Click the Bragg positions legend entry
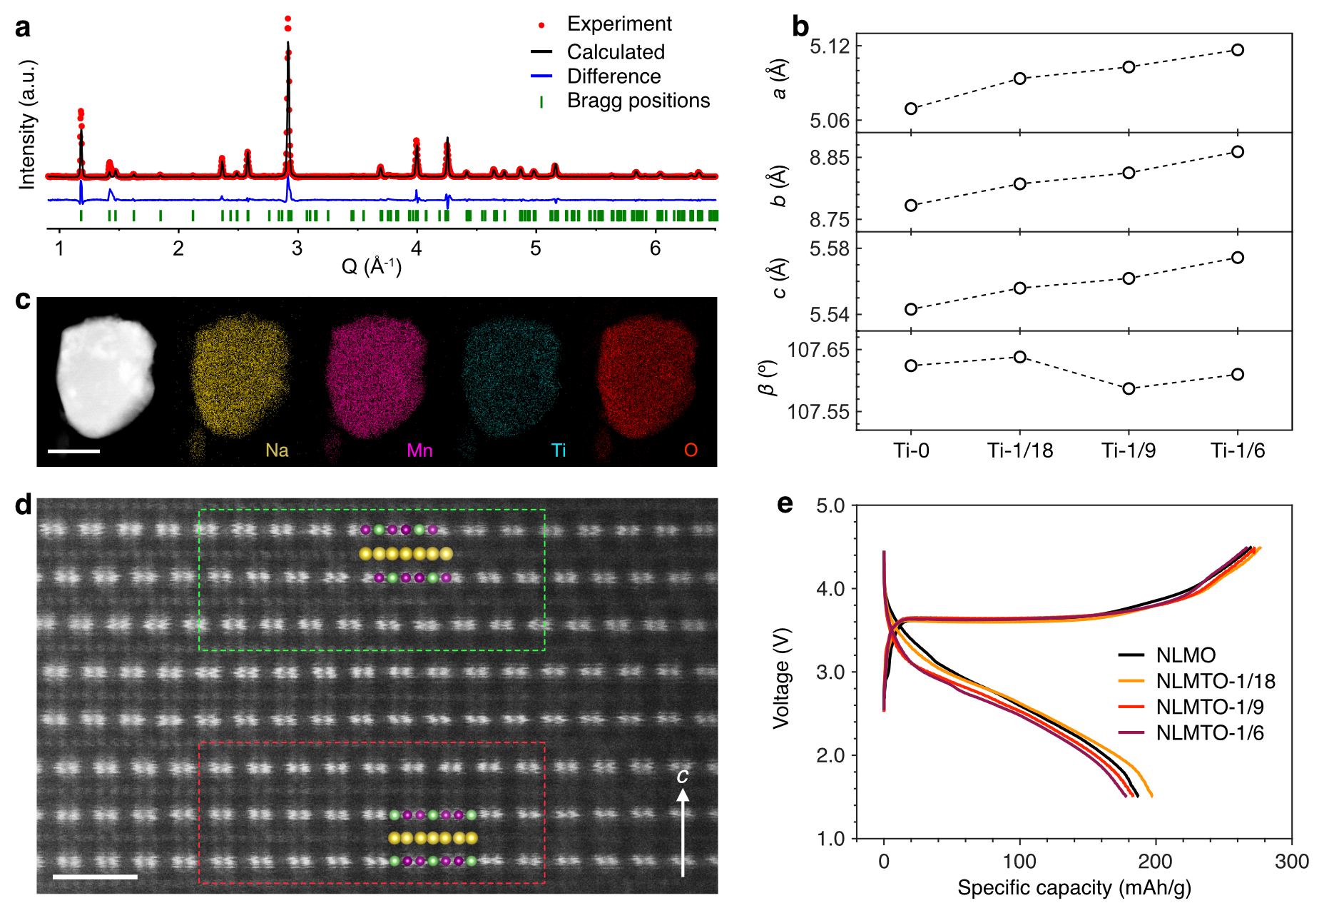(638, 101)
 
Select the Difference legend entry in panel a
(613, 76)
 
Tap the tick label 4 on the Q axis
(417, 248)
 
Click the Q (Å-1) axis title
(372, 266)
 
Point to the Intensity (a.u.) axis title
(27, 124)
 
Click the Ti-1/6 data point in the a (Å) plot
(1238, 50)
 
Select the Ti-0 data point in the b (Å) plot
(911, 206)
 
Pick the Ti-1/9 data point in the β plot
(1129, 389)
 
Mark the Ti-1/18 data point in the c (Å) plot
(1020, 288)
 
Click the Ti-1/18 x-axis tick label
(1020, 450)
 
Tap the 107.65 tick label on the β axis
(818, 350)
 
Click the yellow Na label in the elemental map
(277, 450)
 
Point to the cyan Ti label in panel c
(559, 450)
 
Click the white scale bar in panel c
(74, 451)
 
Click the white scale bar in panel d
(95, 876)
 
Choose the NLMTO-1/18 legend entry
(1215, 681)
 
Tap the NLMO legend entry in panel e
(1186, 655)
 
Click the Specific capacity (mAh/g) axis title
(1074, 888)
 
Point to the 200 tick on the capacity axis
(1155, 862)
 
